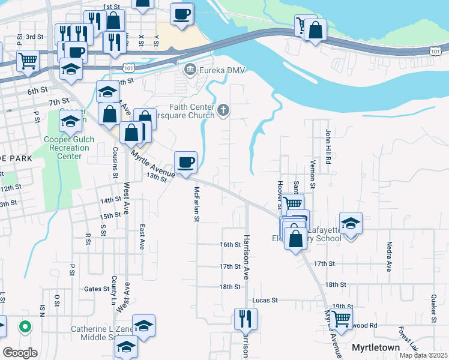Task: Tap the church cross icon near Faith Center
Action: pos(223,109)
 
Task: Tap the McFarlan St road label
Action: pos(196,204)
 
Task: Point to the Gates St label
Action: pos(96,289)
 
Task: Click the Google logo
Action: pos(20,352)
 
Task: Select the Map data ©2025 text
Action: pos(423,355)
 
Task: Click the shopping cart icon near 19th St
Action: pos(341,320)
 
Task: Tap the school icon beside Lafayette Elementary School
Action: pos(351,223)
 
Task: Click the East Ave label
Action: pos(142,237)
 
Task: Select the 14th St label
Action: pos(110,200)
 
